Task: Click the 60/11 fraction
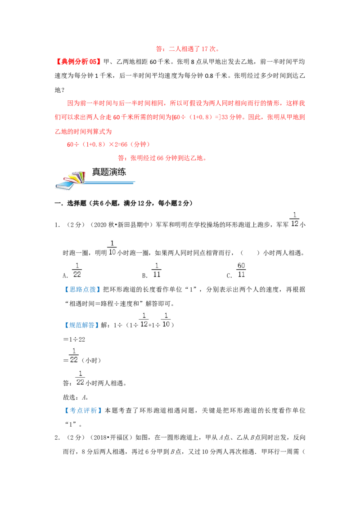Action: pyautogui.click(x=241, y=270)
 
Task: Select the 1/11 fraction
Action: pyautogui.click(x=156, y=270)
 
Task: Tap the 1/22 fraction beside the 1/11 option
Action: pyautogui.click(x=76, y=270)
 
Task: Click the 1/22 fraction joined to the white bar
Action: pyautogui.click(x=74, y=354)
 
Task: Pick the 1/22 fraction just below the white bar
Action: pyautogui.click(x=80, y=378)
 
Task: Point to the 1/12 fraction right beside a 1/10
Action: pyautogui.click(x=144, y=320)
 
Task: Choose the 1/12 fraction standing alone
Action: pyautogui.click(x=295, y=219)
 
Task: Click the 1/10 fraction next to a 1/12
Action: pyautogui.click(x=166, y=320)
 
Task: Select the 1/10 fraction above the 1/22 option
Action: pyautogui.click(x=112, y=248)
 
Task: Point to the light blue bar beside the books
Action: pyautogui.click(x=110, y=183)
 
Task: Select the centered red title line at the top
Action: pyautogui.click(x=187, y=50)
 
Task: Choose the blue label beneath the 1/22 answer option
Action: pyautogui.click(x=83, y=290)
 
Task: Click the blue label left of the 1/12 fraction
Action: pyautogui.click(x=83, y=325)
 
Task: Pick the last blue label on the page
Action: pyautogui.click(x=84, y=411)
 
